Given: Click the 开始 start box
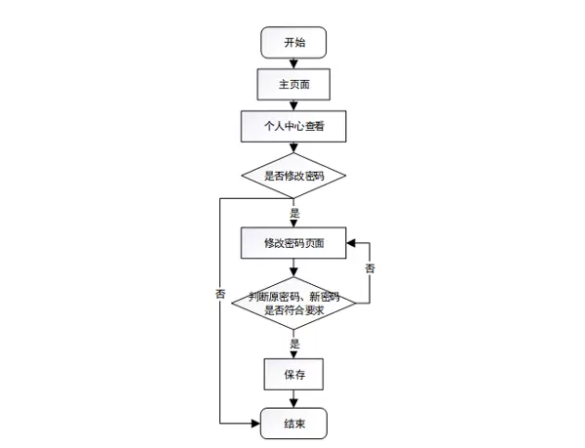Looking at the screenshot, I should pyautogui.click(x=292, y=43).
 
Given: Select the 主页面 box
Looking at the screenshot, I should pyautogui.click(x=292, y=84).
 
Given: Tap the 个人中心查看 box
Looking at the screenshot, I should pyautogui.click(x=292, y=126).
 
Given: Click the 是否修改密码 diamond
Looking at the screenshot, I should pyautogui.click(x=292, y=177).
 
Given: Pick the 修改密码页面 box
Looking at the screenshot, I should pyautogui.click(x=292, y=242).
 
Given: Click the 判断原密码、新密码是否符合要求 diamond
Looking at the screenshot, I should pyautogui.click(x=292, y=303).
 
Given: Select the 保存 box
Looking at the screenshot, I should pyautogui.click(x=292, y=375).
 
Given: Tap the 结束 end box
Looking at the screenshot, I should pyautogui.click(x=292, y=424).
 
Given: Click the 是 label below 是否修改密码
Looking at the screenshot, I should pyautogui.click(x=294, y=211).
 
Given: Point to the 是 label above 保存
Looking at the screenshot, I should pyautogui.click(x=294, y=344).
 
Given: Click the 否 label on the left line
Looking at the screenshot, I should pyautogui.click(x=220, y=293).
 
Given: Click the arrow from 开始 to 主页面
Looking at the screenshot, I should pyautogui.click(x=292, y=62).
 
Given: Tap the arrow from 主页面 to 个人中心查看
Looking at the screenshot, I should pyautogui.click(x=292, y=104).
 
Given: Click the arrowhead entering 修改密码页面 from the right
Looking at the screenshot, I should pyautogui.click(x=352, y=242).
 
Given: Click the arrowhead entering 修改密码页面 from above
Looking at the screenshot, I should pyautogui.click(x=292, y=223).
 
